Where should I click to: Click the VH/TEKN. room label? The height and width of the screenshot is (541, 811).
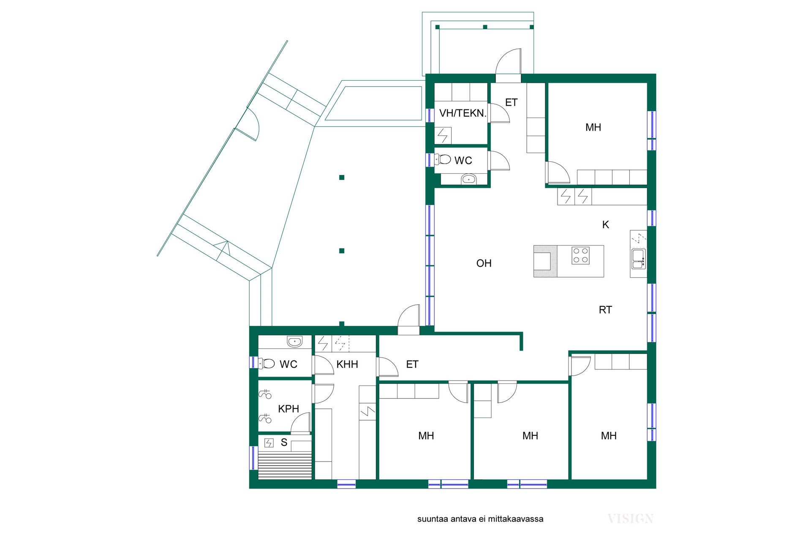click(463, 113)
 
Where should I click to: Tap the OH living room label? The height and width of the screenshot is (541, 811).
click(484, 263)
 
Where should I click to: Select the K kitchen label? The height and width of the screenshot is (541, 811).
click(605, 225)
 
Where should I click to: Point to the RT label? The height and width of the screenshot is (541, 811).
click(605, 310)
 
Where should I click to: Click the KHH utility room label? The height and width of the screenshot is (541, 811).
click(347, 364)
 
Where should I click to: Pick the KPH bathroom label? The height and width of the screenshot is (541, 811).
click(288, 409)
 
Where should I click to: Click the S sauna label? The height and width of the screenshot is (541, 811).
click(284, 443)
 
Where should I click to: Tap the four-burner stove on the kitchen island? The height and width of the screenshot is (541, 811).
click(580, 255)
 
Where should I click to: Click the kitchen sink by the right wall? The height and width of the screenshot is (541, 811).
click(638, 259)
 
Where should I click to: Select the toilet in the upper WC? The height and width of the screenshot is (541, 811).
click(443, 159)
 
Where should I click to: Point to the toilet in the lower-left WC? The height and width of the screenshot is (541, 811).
click(267, 363)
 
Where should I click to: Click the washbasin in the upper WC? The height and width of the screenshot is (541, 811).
click(468, 179)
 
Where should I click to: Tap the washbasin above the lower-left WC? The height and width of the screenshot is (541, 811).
click(294, 341)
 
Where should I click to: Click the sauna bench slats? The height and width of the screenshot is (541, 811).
click(285, 465)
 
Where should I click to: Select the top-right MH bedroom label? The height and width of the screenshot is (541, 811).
click(593, 127)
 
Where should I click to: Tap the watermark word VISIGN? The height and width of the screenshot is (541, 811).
click(630, 519)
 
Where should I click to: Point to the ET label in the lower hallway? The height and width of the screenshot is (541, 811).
click(412, 364)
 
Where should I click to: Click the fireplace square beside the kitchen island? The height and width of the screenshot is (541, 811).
click(542, 261)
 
